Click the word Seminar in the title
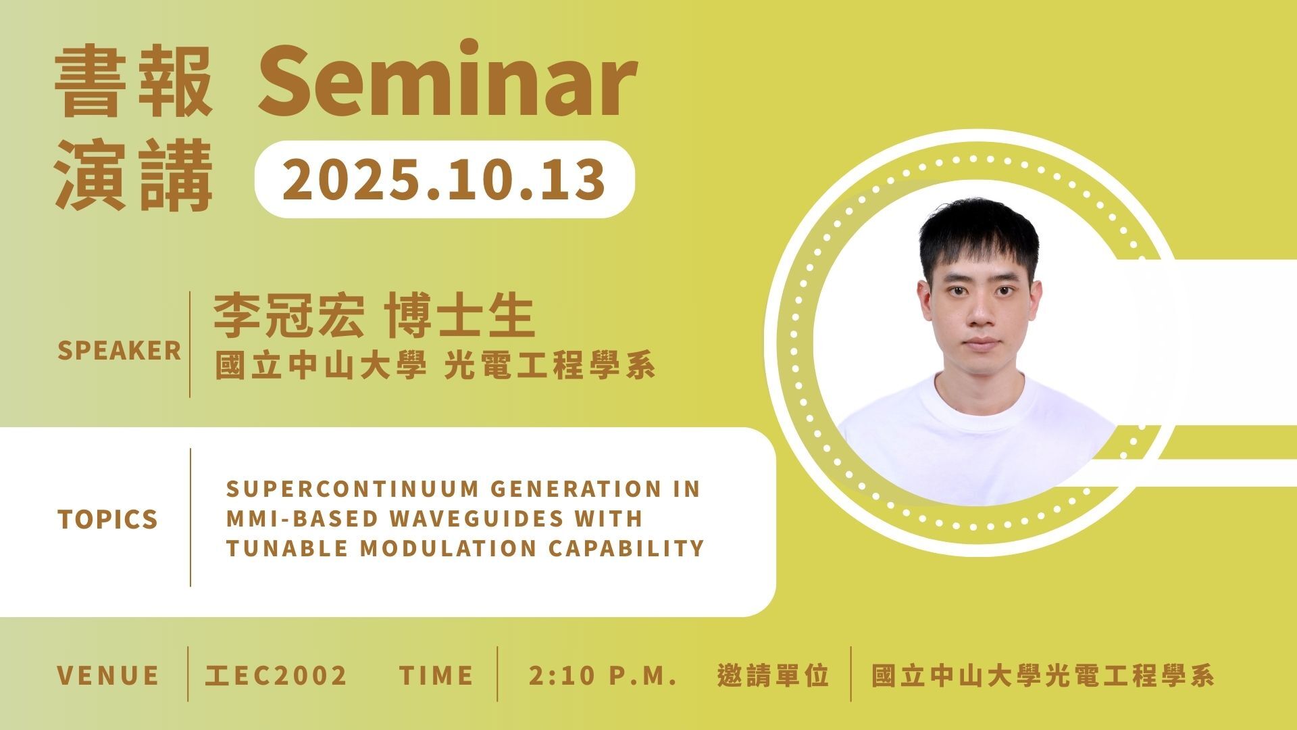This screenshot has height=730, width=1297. point(447,80)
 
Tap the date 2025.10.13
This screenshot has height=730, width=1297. point(444,179)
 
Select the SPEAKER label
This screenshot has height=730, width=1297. point(120,351)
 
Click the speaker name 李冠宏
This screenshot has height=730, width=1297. point(288,316)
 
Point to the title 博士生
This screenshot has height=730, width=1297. point(460,316)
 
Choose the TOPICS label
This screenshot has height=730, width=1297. point(108,519)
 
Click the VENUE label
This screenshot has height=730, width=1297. point(108,676)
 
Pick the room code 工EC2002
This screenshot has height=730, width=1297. point(276,676)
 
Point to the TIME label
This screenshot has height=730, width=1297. point(436,676)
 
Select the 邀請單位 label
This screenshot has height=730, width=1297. point(773,676)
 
